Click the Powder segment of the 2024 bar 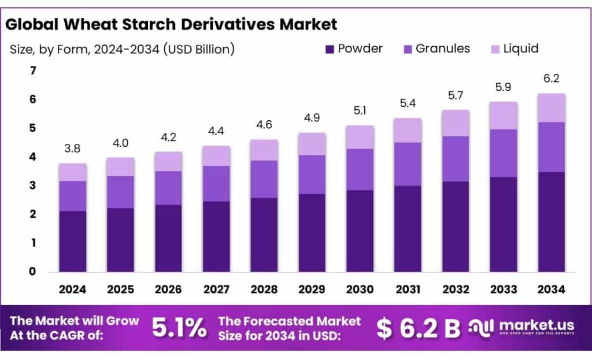click(x=72, y=241)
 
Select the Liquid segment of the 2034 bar click(x=551, y=108)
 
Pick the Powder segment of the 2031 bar click(x=408, y=228)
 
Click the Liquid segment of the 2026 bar click(x=168, y=161)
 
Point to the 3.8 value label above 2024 click(x=72, y=149)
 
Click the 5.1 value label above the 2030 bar click(x=360, y=111)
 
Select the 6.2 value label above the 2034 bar click(x=551, y=79)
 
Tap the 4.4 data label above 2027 click(x=216, y=131)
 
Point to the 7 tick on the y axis click(x=33, y=71)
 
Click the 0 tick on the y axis click(x=33, y=271)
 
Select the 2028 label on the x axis click(x=264, y=289)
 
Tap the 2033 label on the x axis click(x=503, y=289)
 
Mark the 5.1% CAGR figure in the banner click(x=179, y=328)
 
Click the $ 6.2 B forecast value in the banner click(x=418, y=329)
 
